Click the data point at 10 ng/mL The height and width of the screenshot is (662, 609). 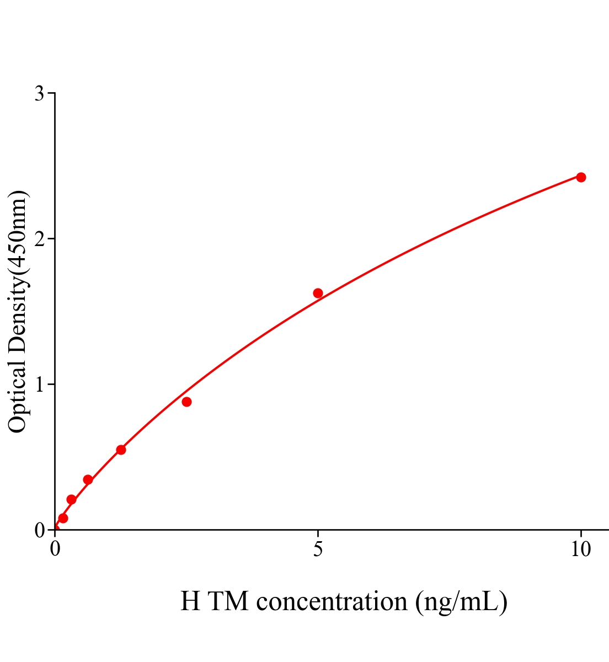pos(581,177)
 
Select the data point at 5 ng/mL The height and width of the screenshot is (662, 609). pos(318,293)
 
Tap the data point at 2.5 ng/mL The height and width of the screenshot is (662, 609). pos(186,402)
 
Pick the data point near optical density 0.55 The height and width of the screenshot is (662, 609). pos(121,450)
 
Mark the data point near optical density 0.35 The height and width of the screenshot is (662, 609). pos(88,479)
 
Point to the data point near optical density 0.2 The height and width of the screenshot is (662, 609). pos(71,499)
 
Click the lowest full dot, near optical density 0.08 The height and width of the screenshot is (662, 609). pos(63,518)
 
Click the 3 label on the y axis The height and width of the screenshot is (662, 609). pos(39,94)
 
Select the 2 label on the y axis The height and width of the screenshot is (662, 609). pos(39,239)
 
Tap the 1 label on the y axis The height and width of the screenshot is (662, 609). pos(39,385)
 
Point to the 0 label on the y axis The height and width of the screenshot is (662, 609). pos(39,530)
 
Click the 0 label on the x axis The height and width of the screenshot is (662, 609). pos(55,549)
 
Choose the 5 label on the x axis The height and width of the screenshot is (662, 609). pos(318,549)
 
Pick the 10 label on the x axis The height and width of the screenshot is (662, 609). pos(581,549)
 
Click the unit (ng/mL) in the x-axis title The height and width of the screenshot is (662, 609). pos(462,601)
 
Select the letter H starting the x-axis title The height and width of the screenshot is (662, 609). pos(190,601)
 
